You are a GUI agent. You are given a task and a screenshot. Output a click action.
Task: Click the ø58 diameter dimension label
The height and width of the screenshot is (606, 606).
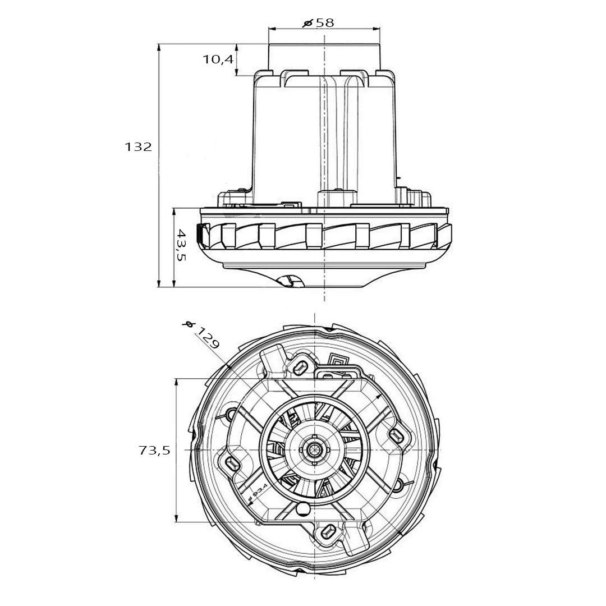pyautogui.click(x=318, y=23)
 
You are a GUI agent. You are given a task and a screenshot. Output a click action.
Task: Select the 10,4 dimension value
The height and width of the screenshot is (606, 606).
pyautogui.click(x=218, y=59)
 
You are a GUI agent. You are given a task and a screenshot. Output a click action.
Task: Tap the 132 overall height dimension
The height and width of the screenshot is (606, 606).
pyautogui.click(x=138, y=147)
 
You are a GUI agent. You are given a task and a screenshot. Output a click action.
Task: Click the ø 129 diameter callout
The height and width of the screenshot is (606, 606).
pyautogui.click(x=202, y=336)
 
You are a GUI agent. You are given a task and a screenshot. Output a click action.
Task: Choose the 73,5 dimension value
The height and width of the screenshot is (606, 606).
pyautogui.click(x=154, y=450)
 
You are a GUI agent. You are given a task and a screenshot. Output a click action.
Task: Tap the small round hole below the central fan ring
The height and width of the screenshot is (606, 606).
pyautogui.click(x=304, y=509)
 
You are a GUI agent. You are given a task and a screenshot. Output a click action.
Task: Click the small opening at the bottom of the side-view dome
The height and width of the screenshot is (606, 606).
pyautogui.click(x=291, y=281)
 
